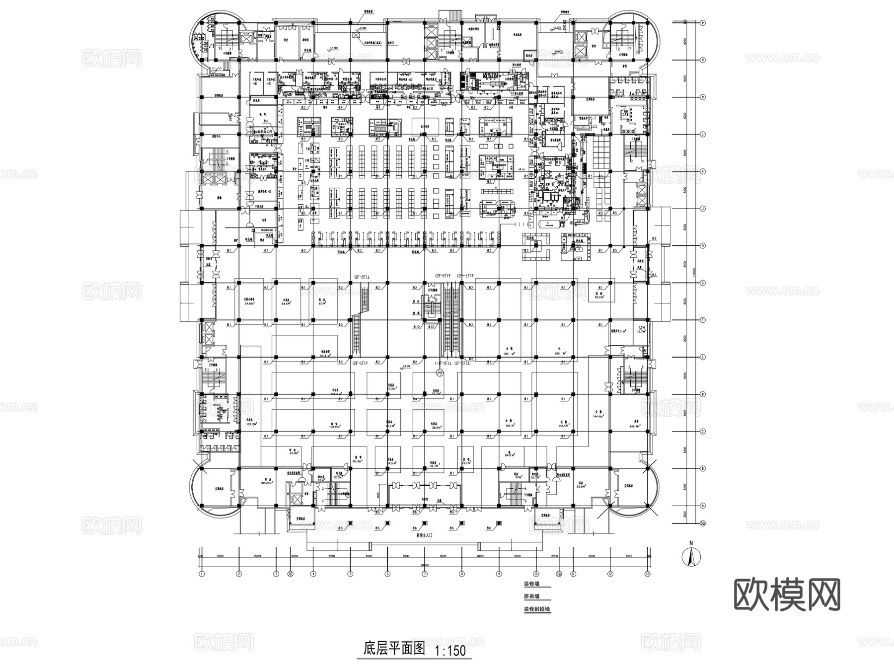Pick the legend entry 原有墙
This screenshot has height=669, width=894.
531,596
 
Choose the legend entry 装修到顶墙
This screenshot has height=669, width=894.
536,609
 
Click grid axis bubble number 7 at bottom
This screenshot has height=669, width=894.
425,574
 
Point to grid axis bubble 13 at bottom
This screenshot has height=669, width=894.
647,574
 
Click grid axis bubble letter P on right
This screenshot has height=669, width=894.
703,23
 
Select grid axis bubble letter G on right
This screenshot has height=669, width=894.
703,283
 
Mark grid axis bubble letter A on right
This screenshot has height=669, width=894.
703,506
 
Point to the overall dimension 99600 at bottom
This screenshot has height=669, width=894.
425,565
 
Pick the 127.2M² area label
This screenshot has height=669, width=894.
252,423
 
